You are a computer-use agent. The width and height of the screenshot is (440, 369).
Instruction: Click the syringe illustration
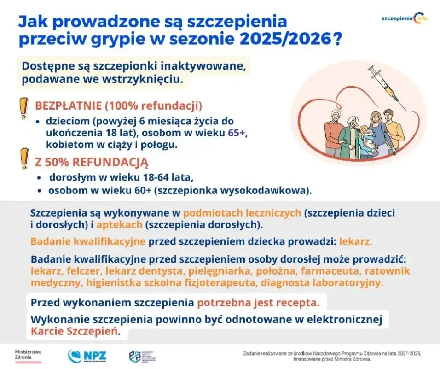386,86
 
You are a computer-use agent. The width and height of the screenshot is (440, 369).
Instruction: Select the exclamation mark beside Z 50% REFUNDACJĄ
22,159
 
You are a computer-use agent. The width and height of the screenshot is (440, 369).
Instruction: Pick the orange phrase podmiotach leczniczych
242,213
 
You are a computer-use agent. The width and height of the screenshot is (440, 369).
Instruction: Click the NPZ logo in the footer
87,356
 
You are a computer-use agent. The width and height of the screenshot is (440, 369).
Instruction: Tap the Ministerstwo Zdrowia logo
29,355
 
